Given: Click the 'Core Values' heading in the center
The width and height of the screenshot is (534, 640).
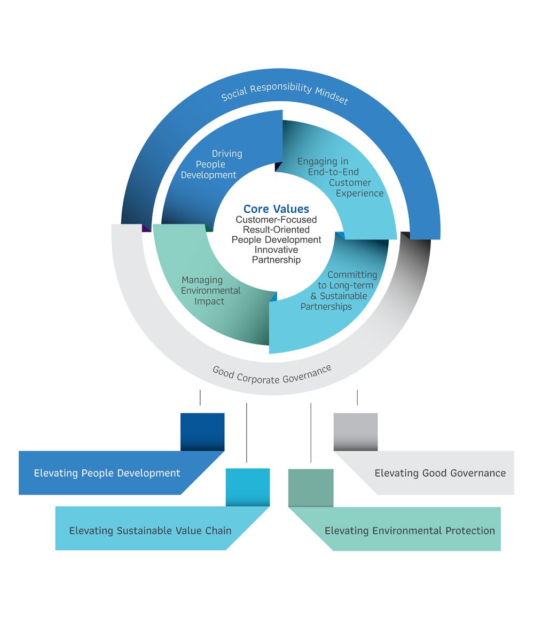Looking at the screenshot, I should coord(276,209).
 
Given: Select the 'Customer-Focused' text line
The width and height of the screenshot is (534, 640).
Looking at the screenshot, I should coord(276,220).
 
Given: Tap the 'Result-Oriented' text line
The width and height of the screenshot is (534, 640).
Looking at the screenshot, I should coord(276,230).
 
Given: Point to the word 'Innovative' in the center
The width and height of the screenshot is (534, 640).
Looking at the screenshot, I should coord(276,250).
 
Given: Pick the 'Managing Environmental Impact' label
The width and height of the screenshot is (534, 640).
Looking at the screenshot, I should coord(210,291).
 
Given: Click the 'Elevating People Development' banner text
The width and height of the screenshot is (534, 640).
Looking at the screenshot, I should coord(107,473).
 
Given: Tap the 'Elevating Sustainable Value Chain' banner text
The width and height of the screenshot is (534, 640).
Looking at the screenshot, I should coord(150,531).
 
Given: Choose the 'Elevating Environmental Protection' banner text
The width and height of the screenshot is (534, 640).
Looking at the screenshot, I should coord(410,531).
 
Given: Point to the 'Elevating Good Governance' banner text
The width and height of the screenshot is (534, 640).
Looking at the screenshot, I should coord(440,473).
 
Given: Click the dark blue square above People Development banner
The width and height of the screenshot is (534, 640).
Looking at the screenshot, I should coord(202,431).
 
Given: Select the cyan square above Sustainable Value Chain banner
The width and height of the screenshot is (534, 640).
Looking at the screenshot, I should coord(247,487).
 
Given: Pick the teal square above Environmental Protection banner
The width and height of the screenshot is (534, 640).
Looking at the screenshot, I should coord(311,487).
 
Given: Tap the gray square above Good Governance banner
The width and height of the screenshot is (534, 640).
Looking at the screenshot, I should coord(356,431).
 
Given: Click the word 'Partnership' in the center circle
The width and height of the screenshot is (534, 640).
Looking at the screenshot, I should coord(276,260).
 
